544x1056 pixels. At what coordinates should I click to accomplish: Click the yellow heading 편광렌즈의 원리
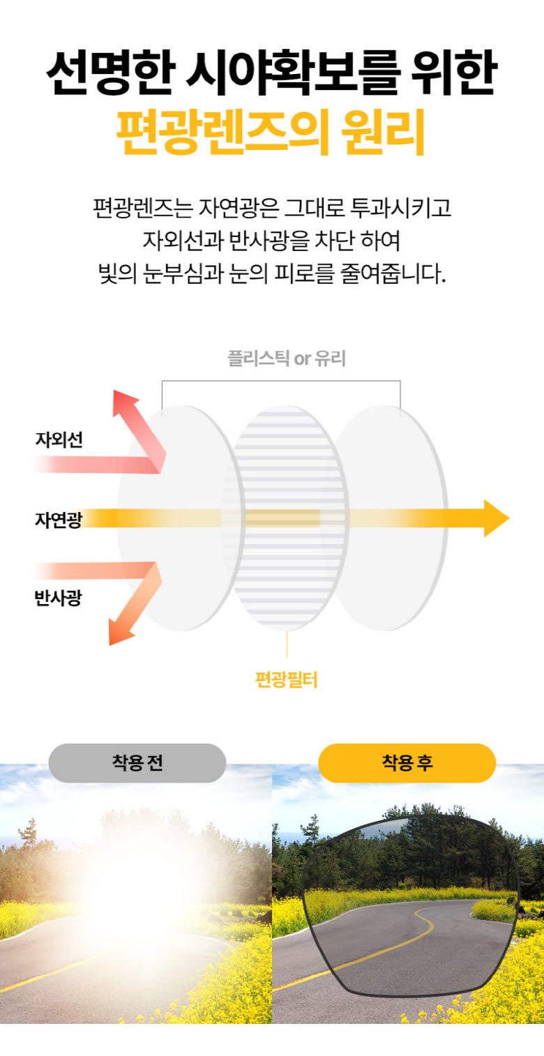(271, 132)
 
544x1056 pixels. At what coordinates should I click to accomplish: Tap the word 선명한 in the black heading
(111, 72)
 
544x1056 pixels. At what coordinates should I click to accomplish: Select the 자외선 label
(59, 439)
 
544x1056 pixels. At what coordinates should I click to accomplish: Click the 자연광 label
(59, 520)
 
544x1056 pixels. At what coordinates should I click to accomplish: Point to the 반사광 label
(59, 598)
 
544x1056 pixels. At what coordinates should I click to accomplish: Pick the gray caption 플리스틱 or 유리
(287, 359)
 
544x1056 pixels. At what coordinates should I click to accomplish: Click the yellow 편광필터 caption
(286, 680)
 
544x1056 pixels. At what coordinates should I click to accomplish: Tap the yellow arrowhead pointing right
(497, 518)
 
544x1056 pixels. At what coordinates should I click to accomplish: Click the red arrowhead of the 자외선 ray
(125, 402)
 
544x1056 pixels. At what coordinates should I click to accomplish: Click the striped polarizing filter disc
(290, 518)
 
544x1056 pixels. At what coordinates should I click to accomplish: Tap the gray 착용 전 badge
(137, 763)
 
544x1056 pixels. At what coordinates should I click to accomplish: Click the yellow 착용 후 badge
(407, 763)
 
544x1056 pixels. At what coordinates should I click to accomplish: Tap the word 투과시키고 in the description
(401, 208)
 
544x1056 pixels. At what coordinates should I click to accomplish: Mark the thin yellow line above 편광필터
(287, 644)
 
